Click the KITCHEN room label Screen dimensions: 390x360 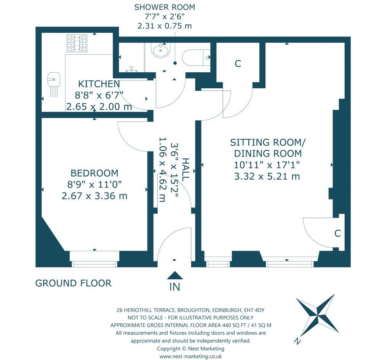(99, 84)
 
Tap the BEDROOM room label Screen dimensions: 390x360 (94, 173)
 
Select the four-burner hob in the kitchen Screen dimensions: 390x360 (77, 43)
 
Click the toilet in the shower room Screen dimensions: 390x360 (196, 57)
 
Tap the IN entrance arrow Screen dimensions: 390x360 (174, 275)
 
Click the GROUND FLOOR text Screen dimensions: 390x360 (74, 283)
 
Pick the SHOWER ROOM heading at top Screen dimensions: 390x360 (165, 7)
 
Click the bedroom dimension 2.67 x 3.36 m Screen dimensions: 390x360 (94, 196)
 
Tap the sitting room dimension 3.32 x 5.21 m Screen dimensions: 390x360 (267, 177)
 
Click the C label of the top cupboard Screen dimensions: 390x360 (238, 64)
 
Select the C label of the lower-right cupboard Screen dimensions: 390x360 (337, 233)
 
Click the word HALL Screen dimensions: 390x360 (185, 169)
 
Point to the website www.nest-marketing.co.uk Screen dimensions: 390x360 (190, 357)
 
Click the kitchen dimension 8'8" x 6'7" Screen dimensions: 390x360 (99, 96)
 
